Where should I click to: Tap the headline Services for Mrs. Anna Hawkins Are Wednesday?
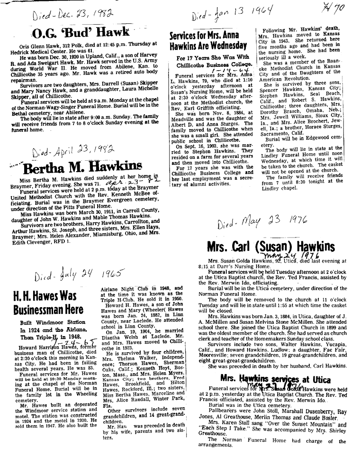(x=208, y=40)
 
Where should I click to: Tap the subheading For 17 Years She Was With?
(x=208, y=58)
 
